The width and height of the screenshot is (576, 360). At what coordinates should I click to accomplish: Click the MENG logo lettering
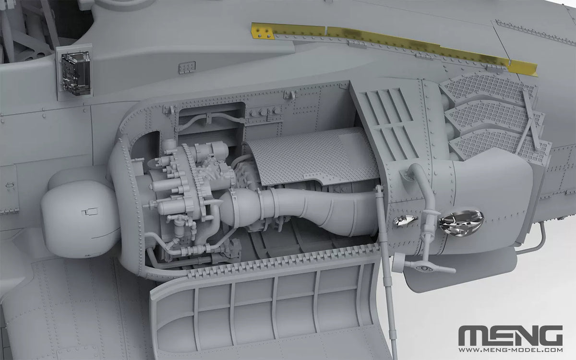tap(510, 336)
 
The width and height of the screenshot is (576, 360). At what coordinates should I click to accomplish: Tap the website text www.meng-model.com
tap(510, 350)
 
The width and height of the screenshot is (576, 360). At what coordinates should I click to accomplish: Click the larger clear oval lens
tap(461, 223)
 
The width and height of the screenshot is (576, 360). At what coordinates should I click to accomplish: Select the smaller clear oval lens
tap(405, 221)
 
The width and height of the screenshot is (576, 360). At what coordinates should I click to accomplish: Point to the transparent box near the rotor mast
tap(76, 73)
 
